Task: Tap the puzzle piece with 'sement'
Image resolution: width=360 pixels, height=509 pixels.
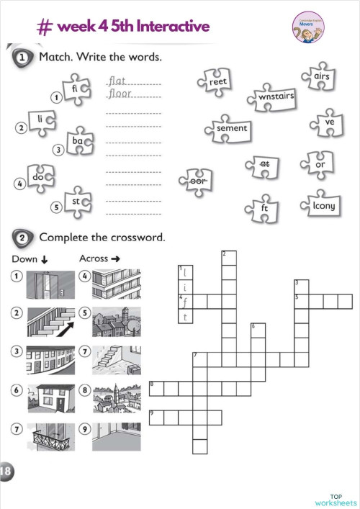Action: [231, 128]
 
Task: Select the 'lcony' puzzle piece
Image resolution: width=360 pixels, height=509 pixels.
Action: [323, 205]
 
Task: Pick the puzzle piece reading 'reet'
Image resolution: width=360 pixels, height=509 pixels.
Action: [217, 82]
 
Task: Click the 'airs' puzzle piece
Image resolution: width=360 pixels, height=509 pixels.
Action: [320, 77]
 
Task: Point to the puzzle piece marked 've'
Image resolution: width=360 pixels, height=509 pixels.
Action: [329, 122]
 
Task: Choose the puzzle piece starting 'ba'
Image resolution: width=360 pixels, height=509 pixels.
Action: [78, 142]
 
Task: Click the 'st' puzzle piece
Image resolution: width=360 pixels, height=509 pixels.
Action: [76, 201]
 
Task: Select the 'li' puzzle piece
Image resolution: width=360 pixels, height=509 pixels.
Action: [42, 118]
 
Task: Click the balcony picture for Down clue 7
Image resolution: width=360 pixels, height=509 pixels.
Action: [50, 436]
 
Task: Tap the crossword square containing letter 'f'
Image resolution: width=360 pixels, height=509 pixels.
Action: [185, 301]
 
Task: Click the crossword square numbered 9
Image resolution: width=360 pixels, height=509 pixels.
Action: [156, 417]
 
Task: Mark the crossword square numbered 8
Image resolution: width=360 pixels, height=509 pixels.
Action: [156, 389]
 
